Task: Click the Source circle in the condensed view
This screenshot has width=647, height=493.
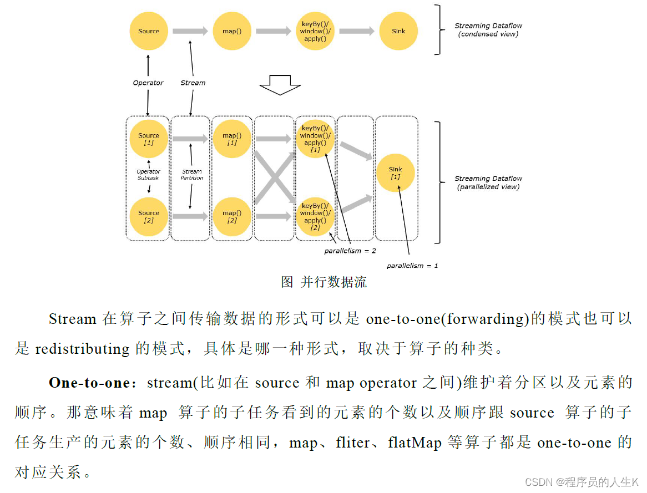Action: [148, 31]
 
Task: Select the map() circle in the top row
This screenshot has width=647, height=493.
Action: [232, 31]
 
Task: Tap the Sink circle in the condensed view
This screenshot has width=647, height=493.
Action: [398, 31]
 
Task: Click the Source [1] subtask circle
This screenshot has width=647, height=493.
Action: [148, 139]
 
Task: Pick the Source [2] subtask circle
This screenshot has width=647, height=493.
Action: [148, 216]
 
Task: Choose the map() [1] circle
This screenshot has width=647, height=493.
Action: [232, 139]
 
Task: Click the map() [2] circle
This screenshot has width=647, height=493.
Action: [232, 216]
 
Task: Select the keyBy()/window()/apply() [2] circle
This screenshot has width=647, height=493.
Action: [315, 216]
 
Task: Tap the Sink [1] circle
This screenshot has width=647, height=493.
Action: [395, 172]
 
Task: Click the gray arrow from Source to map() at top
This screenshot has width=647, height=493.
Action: [190, 31]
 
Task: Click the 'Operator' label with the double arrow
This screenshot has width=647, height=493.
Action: [148, 83]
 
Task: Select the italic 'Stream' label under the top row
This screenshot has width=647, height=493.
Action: [193, 83]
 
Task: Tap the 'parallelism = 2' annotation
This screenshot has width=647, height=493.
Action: [350, 251]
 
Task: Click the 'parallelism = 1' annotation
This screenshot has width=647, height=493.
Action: [412, 266]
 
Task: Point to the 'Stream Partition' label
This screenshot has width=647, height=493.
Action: [192, 175]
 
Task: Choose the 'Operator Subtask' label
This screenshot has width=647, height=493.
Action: [148, 175]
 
